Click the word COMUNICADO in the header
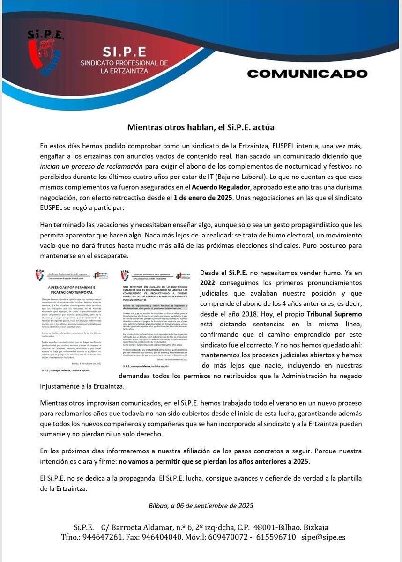click(x=307, y=74)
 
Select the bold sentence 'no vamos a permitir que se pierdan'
click(x=213, y=461)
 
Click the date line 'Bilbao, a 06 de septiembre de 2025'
click(x=201, y=505)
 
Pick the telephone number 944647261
click(x=102, y=537)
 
